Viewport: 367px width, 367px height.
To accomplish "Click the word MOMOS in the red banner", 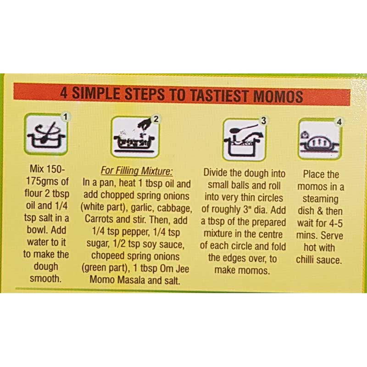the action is click(278, 96).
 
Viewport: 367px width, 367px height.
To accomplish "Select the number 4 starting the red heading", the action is click(64, 93).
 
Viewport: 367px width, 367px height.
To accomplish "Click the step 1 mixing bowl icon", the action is click(46, 134).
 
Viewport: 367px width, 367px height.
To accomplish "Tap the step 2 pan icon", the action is click(135, 137).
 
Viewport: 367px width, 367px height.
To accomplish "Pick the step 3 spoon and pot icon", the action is click(244, 140).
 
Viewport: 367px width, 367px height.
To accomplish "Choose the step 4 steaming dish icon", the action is click(320, 139).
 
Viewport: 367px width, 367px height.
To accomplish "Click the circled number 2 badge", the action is click(156, 119).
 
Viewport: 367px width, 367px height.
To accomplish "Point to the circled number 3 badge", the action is click(263, 121).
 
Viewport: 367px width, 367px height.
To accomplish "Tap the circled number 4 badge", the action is click(339, 122).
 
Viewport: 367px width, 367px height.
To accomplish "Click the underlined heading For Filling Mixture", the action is click(137, 171).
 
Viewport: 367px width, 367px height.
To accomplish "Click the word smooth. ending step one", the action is click(45, 278).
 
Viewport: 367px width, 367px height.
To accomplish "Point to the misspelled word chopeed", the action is click(106, 256).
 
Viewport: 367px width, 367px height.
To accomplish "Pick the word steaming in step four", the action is click(320, 199).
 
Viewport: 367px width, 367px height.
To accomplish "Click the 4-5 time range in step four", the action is click(336, 223).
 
